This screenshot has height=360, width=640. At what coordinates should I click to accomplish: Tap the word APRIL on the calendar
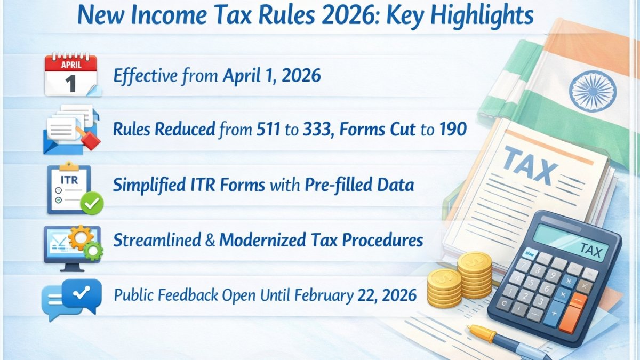pyautogui.click(x=71, y=65)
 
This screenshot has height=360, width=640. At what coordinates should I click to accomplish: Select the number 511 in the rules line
pyautogui.click(x=268, y=129)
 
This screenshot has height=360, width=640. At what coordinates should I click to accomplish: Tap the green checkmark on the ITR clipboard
pyautogui.click(x=92, y=203)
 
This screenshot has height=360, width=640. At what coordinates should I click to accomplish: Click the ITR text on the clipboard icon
pyautogui.click(x=69, y=180)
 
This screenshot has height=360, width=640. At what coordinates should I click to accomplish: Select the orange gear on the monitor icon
pyautogui.click(x=81, y=238)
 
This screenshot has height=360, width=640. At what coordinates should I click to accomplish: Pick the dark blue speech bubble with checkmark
pyautogui.click(x=82, y=295)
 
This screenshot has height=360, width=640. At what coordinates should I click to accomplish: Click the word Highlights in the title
pyautogui.click(x=482, y=16)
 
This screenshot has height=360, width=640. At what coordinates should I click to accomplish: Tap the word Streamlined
pyautogui.click(x=157, y=240)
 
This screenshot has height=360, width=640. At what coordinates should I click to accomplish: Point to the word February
pyautogui.click(x=324, y=295)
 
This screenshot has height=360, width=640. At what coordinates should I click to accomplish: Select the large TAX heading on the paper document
pyautogui.click(x=530, y=166)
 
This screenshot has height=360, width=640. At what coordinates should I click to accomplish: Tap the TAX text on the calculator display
pyautogui.click(x=590, y=251)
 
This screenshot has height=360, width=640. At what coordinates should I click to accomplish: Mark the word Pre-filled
pyautogui.click(x=338, y=185)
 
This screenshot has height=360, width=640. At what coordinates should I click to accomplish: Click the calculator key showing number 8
pyautogui.click(x=538, y=270)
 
